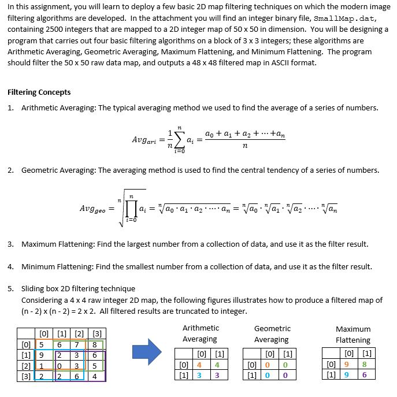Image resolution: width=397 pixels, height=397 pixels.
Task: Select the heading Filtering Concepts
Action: tap(39, 92)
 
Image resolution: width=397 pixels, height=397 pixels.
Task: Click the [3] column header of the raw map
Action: tap(97, 333)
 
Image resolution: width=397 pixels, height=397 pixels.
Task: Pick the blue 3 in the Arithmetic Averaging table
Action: tap(199, 376)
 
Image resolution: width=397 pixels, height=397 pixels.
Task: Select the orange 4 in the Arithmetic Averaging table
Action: tap(199, 365)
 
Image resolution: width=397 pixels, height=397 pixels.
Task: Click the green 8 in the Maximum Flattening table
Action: tap(364, 365)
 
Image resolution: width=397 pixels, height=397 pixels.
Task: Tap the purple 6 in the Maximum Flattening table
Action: tap(364, 376)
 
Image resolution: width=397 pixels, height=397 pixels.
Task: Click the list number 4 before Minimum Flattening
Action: tap(10, 266)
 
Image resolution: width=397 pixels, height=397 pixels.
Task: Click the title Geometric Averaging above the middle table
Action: tap(272, 334)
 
